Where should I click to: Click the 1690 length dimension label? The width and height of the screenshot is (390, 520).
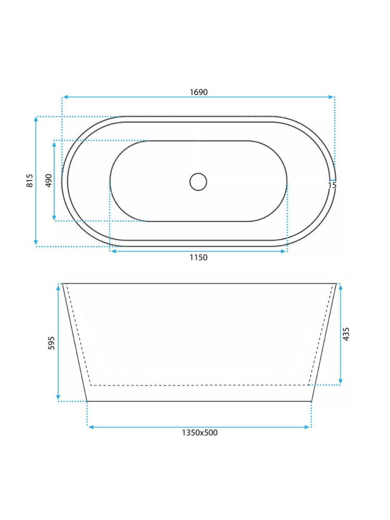[199, 92]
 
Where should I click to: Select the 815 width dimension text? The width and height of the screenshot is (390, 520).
[30, 181]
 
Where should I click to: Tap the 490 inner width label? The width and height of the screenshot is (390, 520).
[49, 181]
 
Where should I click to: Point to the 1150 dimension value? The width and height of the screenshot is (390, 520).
[199, 257]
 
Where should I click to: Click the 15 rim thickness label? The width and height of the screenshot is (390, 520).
[332, 185]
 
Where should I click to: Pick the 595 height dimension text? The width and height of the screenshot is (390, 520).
[52, 343]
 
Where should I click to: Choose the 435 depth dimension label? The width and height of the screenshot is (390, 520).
[346, 334]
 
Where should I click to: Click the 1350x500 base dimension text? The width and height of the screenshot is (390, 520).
[199, 433]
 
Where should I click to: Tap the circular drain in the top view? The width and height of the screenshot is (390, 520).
[198, 182]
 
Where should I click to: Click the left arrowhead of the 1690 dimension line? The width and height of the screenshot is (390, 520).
[65, 97]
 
